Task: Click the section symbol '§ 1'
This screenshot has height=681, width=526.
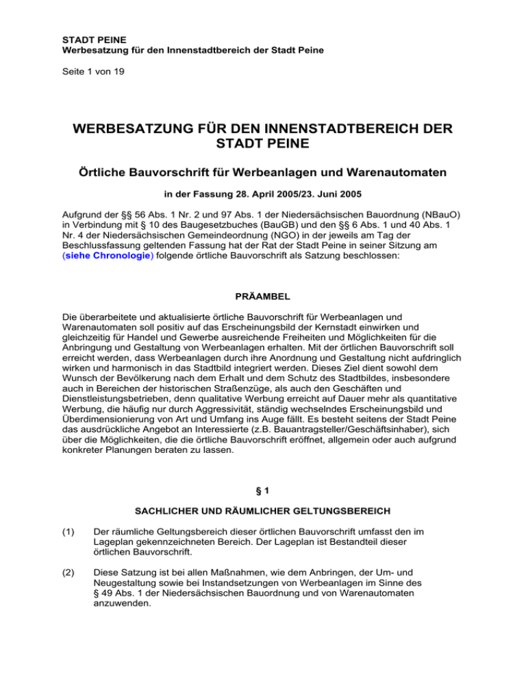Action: pos(262,508)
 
